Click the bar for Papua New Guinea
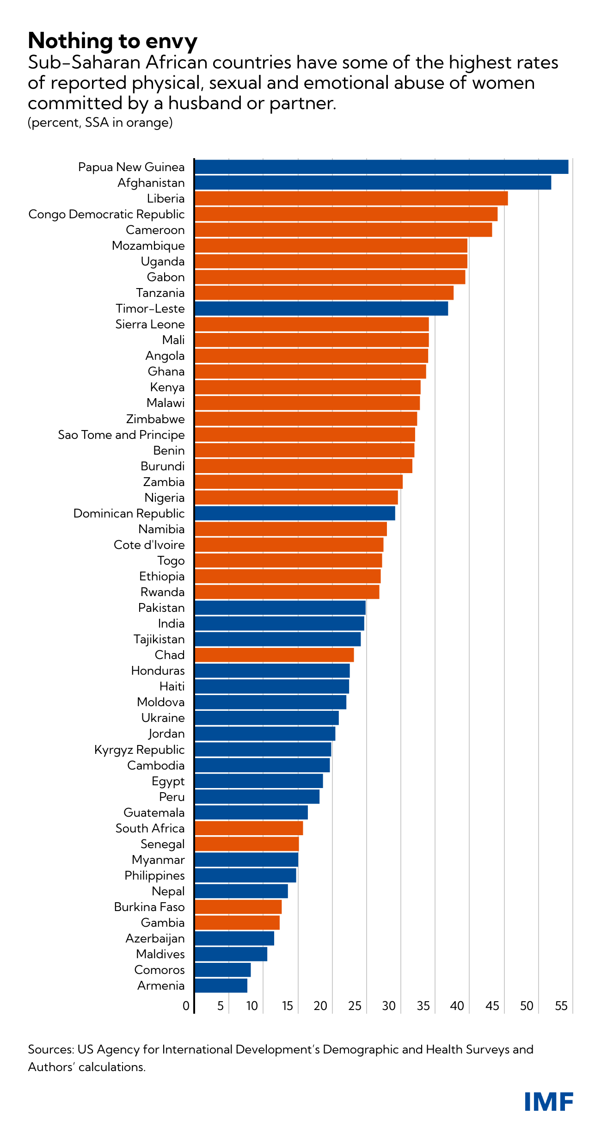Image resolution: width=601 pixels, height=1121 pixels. click(x=381, y=167)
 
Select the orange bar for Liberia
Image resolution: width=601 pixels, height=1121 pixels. click(x=351, y=198)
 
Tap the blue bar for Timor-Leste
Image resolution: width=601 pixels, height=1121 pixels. click(x=321, y=308)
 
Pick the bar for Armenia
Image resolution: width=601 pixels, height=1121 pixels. click(x=221, y=985)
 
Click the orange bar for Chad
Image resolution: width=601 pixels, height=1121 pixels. click(x=274, y=655)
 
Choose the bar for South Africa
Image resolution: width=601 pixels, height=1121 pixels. click(x=248, y=828)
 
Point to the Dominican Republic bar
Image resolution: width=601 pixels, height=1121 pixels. click(x=294, y=513)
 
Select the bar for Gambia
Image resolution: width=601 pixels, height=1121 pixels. click(x=237, y=923)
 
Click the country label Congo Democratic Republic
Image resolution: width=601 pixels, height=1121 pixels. click(x=106, y=215)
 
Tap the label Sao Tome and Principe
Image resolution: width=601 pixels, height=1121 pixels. click(x=121, y=435)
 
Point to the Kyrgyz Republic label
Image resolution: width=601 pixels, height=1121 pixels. click(x=139, y=750)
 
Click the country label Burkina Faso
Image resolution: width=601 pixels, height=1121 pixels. click(x=149, y=907)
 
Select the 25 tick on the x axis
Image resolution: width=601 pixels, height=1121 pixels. click(x=355, y=1006)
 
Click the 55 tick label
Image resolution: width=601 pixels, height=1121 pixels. click(x=561, y=1006)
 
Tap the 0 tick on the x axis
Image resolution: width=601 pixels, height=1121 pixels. click(x=186, y=1006)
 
